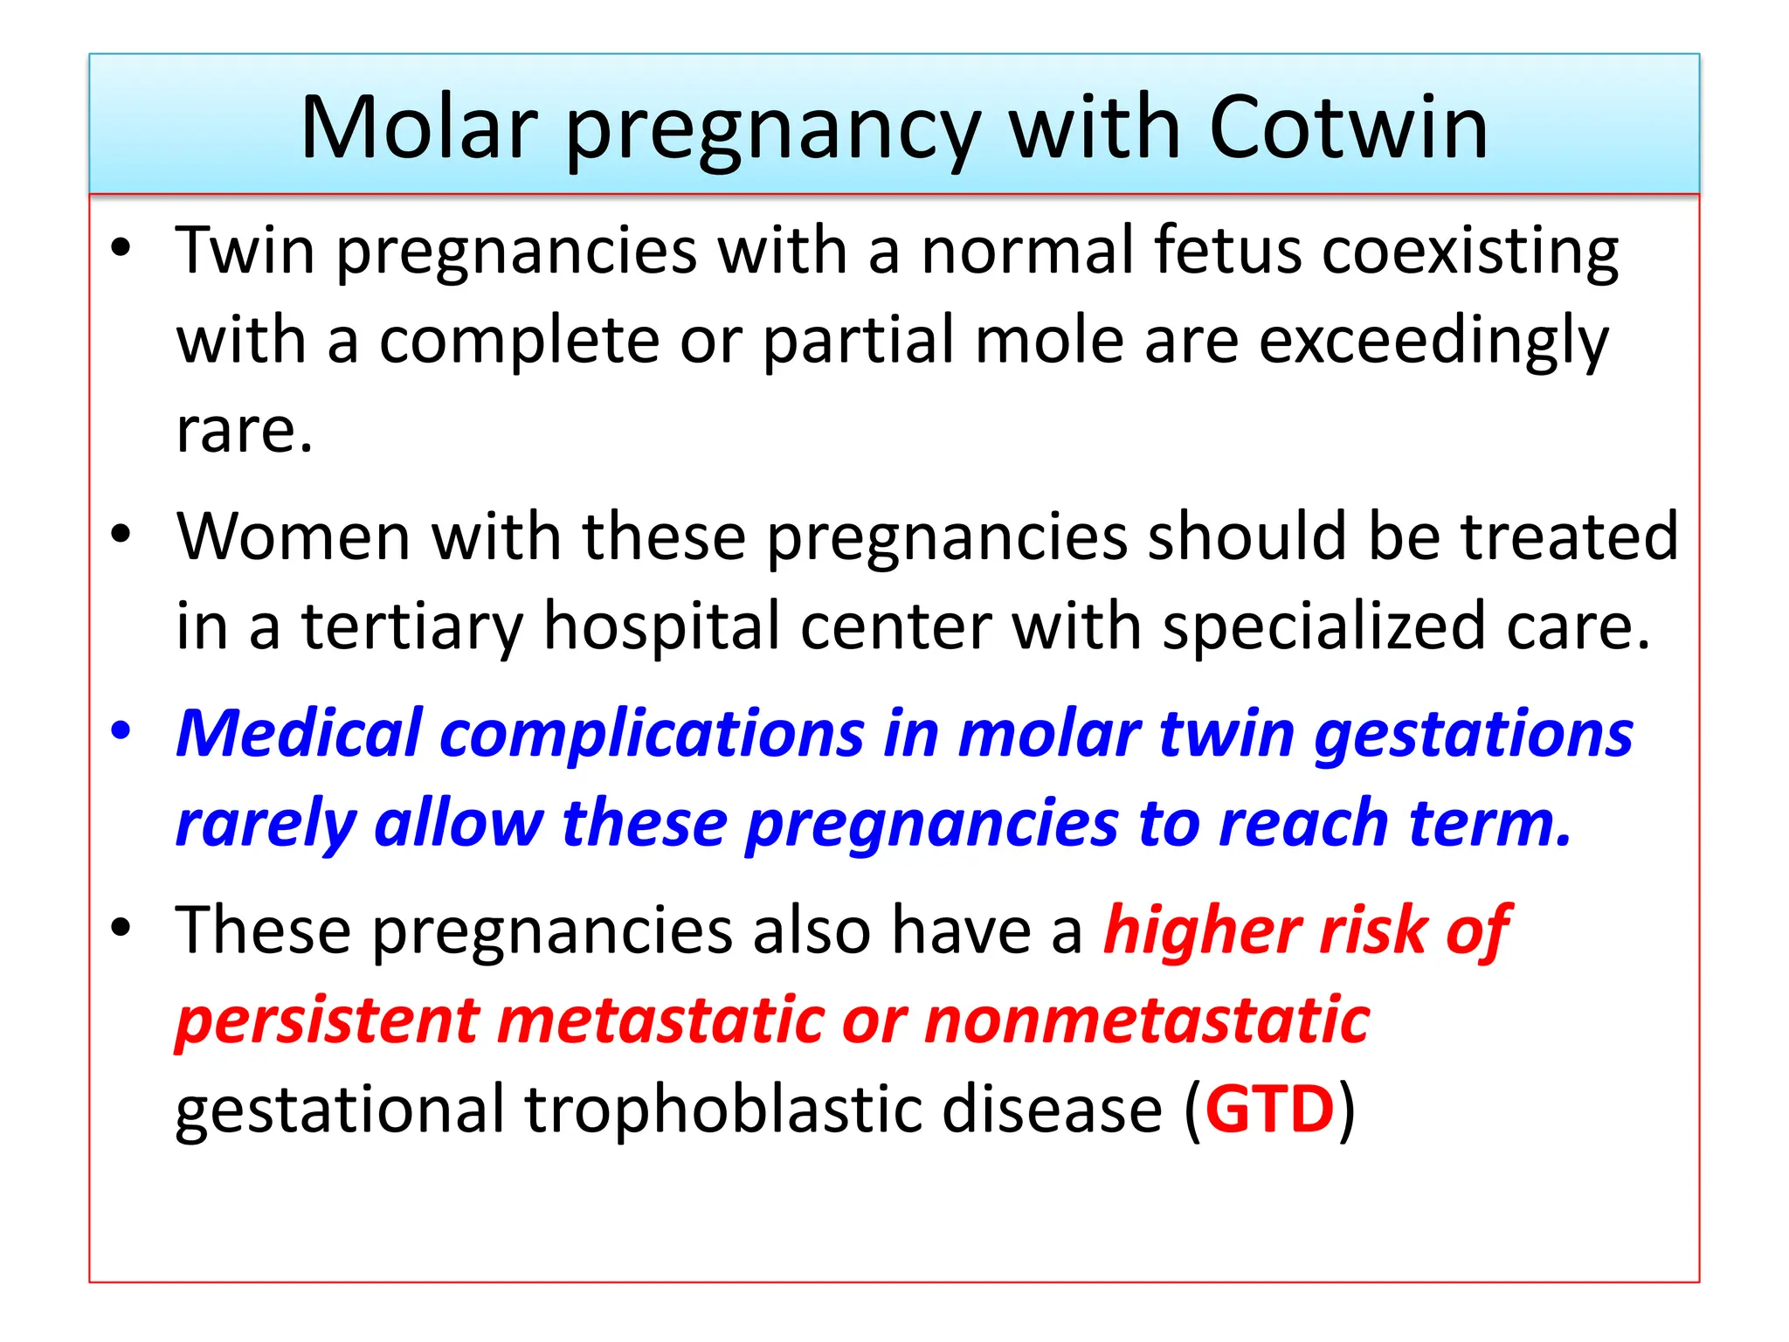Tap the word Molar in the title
418,128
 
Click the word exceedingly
1433,342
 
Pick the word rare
243,431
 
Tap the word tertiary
411,627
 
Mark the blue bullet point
121,730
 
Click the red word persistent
328,1020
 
